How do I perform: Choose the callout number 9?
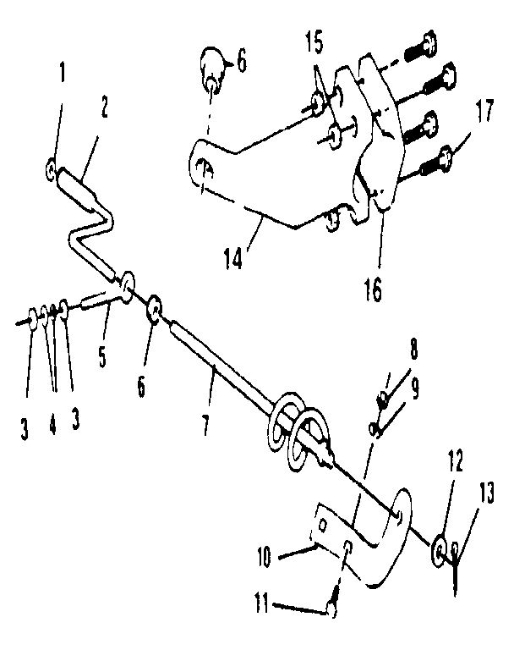coord(414,389)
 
